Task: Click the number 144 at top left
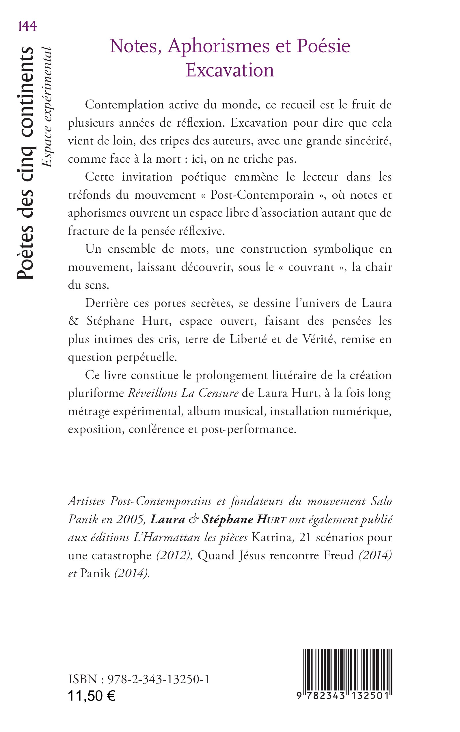(x=27, y=27)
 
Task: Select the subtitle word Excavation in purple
(x=230, y=70)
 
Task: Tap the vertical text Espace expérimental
(x=46, y=107)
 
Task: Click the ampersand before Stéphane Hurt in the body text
(x=73, y=321)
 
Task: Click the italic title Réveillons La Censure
(x=183, y=393)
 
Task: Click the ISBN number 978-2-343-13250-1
(x=159, y=680)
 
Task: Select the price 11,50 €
(x=91, y=696)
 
